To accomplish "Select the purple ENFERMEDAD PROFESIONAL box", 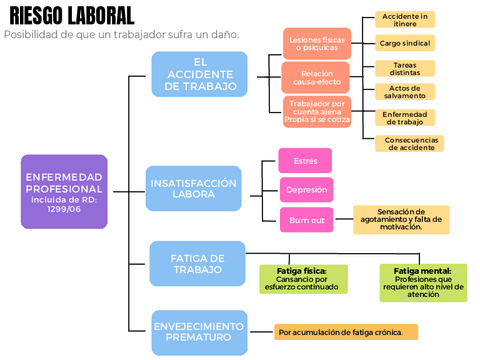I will click(63, 191).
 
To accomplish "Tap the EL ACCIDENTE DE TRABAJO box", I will click(200, 74).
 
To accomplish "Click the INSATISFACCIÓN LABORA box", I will click(193, 189).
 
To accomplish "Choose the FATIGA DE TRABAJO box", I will click(197, 264).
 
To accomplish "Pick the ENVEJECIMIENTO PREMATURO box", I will click(199, 332).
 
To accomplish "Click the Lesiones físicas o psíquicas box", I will click(315, 43).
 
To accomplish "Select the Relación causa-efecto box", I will click(315, 77).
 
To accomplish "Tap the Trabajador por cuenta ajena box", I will click(315, 110).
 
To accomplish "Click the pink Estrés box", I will click(305, 159).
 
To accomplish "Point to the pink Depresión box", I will click(305, 189).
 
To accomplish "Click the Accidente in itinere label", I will click(405, 20).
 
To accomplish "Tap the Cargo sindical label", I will click(405, 43).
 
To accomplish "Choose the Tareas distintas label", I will click(405, 68).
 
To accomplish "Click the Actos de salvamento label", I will click(405, 91).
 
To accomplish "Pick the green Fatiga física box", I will click(303, 279).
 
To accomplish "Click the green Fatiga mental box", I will click(422, 282).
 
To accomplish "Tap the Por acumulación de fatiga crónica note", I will click(346, 332).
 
